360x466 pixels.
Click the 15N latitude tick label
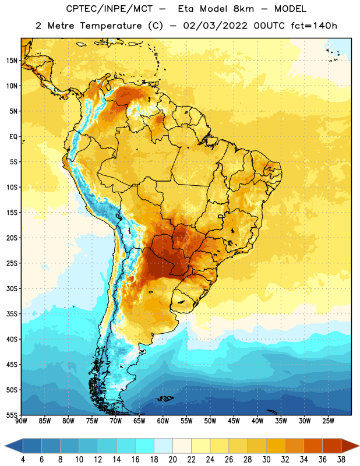(x=12, y=61)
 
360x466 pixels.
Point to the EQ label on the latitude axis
(x=13, y=137)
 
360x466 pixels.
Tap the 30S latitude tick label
(x=12, y=288)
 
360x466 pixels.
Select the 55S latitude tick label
(x=12, y=415)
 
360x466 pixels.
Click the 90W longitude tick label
(x=21, y=421)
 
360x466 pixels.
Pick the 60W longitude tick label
(x=163, y=421)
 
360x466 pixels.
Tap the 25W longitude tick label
(x=328, y=421)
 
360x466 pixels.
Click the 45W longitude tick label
(x=234, y=421)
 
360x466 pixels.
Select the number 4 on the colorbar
(x=23, y=460)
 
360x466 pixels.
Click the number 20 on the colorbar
(x=172, y=460)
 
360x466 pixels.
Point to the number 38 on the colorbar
(x=341, y=460)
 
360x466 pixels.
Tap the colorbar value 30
(x=266, y=460)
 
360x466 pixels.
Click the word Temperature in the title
(x=111, y=26)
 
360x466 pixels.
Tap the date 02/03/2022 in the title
(x=215, y=26)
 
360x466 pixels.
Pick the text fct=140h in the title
(x=314, y=26)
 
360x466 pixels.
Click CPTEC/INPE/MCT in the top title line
(x=109, y=9)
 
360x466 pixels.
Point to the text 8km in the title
(x=243, y=9)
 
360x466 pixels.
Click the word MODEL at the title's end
(x=290, y=9)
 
